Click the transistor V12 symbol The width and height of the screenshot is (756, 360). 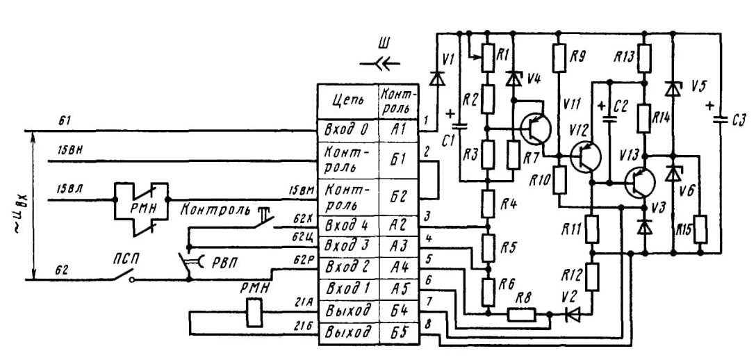(585, 157)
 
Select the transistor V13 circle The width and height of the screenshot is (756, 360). (640, 183)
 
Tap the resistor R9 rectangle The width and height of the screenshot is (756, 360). (559, 58)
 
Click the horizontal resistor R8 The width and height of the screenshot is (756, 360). (521, 315)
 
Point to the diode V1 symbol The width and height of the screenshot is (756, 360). (437, 78)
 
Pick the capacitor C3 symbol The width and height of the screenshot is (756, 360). (722, 119)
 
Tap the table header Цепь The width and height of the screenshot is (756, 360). (347, 101)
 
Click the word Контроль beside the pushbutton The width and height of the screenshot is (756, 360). (216, 210)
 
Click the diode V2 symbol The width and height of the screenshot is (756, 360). (573, 315)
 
